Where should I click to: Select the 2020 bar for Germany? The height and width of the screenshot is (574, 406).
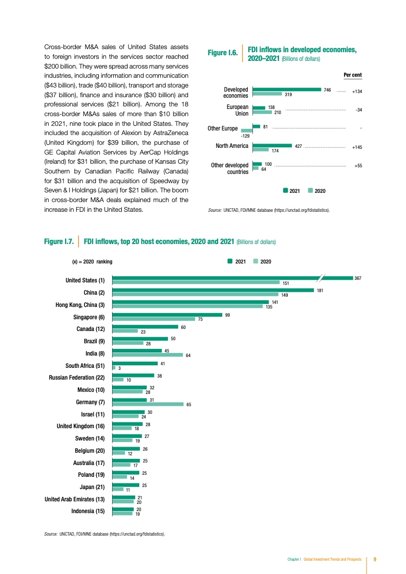148,404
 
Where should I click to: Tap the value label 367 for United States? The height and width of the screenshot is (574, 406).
357,278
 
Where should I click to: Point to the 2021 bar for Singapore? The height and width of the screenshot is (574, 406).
167,315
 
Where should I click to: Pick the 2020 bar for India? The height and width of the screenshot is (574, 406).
147,354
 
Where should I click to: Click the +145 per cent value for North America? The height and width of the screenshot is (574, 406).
357,147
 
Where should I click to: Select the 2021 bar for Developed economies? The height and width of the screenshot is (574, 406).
287,90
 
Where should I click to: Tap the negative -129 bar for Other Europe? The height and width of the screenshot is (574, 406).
247,130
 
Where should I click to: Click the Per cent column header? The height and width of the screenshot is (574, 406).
353,75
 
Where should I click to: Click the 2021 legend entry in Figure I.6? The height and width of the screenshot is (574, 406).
291,191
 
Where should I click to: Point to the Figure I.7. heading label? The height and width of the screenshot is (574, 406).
58,241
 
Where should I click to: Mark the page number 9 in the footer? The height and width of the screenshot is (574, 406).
375,559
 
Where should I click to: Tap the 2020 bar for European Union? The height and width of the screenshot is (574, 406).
263,112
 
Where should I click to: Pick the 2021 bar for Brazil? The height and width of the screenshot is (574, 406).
140,339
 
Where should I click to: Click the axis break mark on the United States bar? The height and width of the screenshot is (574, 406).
320,278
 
